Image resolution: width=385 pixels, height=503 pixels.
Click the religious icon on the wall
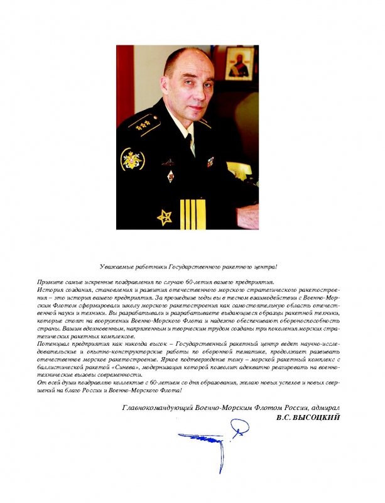pos(236,74)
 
